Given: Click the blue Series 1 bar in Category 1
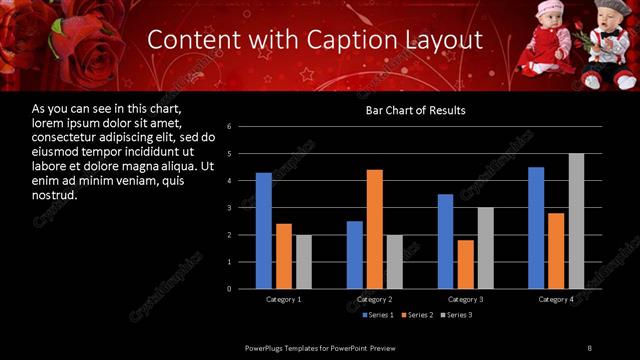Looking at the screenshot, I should tap(264, 231).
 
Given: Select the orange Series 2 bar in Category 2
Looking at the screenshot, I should tap(375, 229).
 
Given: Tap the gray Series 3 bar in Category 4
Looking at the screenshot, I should tap(576, 221).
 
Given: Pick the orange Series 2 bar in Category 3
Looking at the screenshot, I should tap(465, 264).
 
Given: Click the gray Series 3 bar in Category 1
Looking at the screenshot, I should tap(304, 262).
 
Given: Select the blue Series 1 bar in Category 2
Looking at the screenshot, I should tap(355, 255).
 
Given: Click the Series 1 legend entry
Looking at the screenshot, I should tap(379, 315).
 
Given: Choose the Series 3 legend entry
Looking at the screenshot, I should tap(457, 315).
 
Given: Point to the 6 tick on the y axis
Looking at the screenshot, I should tap(230, 127).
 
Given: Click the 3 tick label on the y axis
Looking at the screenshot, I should tap(230, 208).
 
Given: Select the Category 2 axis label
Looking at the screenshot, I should tap(375, 300).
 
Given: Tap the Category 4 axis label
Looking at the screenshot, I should tap(556, 300).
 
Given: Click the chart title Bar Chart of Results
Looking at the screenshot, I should tap(415, 110).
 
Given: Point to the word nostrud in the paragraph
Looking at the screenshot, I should tap(55, 194).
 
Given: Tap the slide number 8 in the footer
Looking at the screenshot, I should tap(589, 347).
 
